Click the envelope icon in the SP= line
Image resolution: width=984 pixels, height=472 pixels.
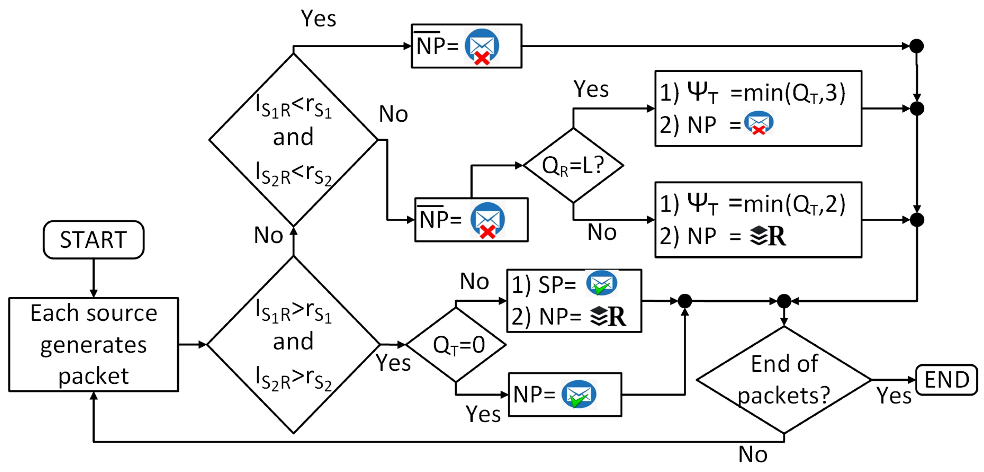[601, 283]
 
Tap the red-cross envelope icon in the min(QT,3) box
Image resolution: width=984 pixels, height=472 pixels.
[759, 123]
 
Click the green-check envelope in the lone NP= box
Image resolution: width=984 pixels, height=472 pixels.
[579, 395]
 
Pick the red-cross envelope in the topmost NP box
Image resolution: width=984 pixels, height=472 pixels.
[482, 46]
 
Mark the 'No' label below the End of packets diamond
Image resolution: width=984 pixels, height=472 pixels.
[752, 454]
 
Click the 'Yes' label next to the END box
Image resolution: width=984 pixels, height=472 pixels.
[894, 395]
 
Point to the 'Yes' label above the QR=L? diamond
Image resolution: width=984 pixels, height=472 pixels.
[591, 89]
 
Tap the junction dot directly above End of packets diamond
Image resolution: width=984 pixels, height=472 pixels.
[784, 301]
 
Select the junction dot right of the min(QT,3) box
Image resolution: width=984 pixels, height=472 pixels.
[917, 108]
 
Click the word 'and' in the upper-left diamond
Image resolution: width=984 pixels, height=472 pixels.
[293, 137]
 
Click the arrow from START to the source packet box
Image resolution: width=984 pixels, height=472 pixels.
[93, 278]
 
